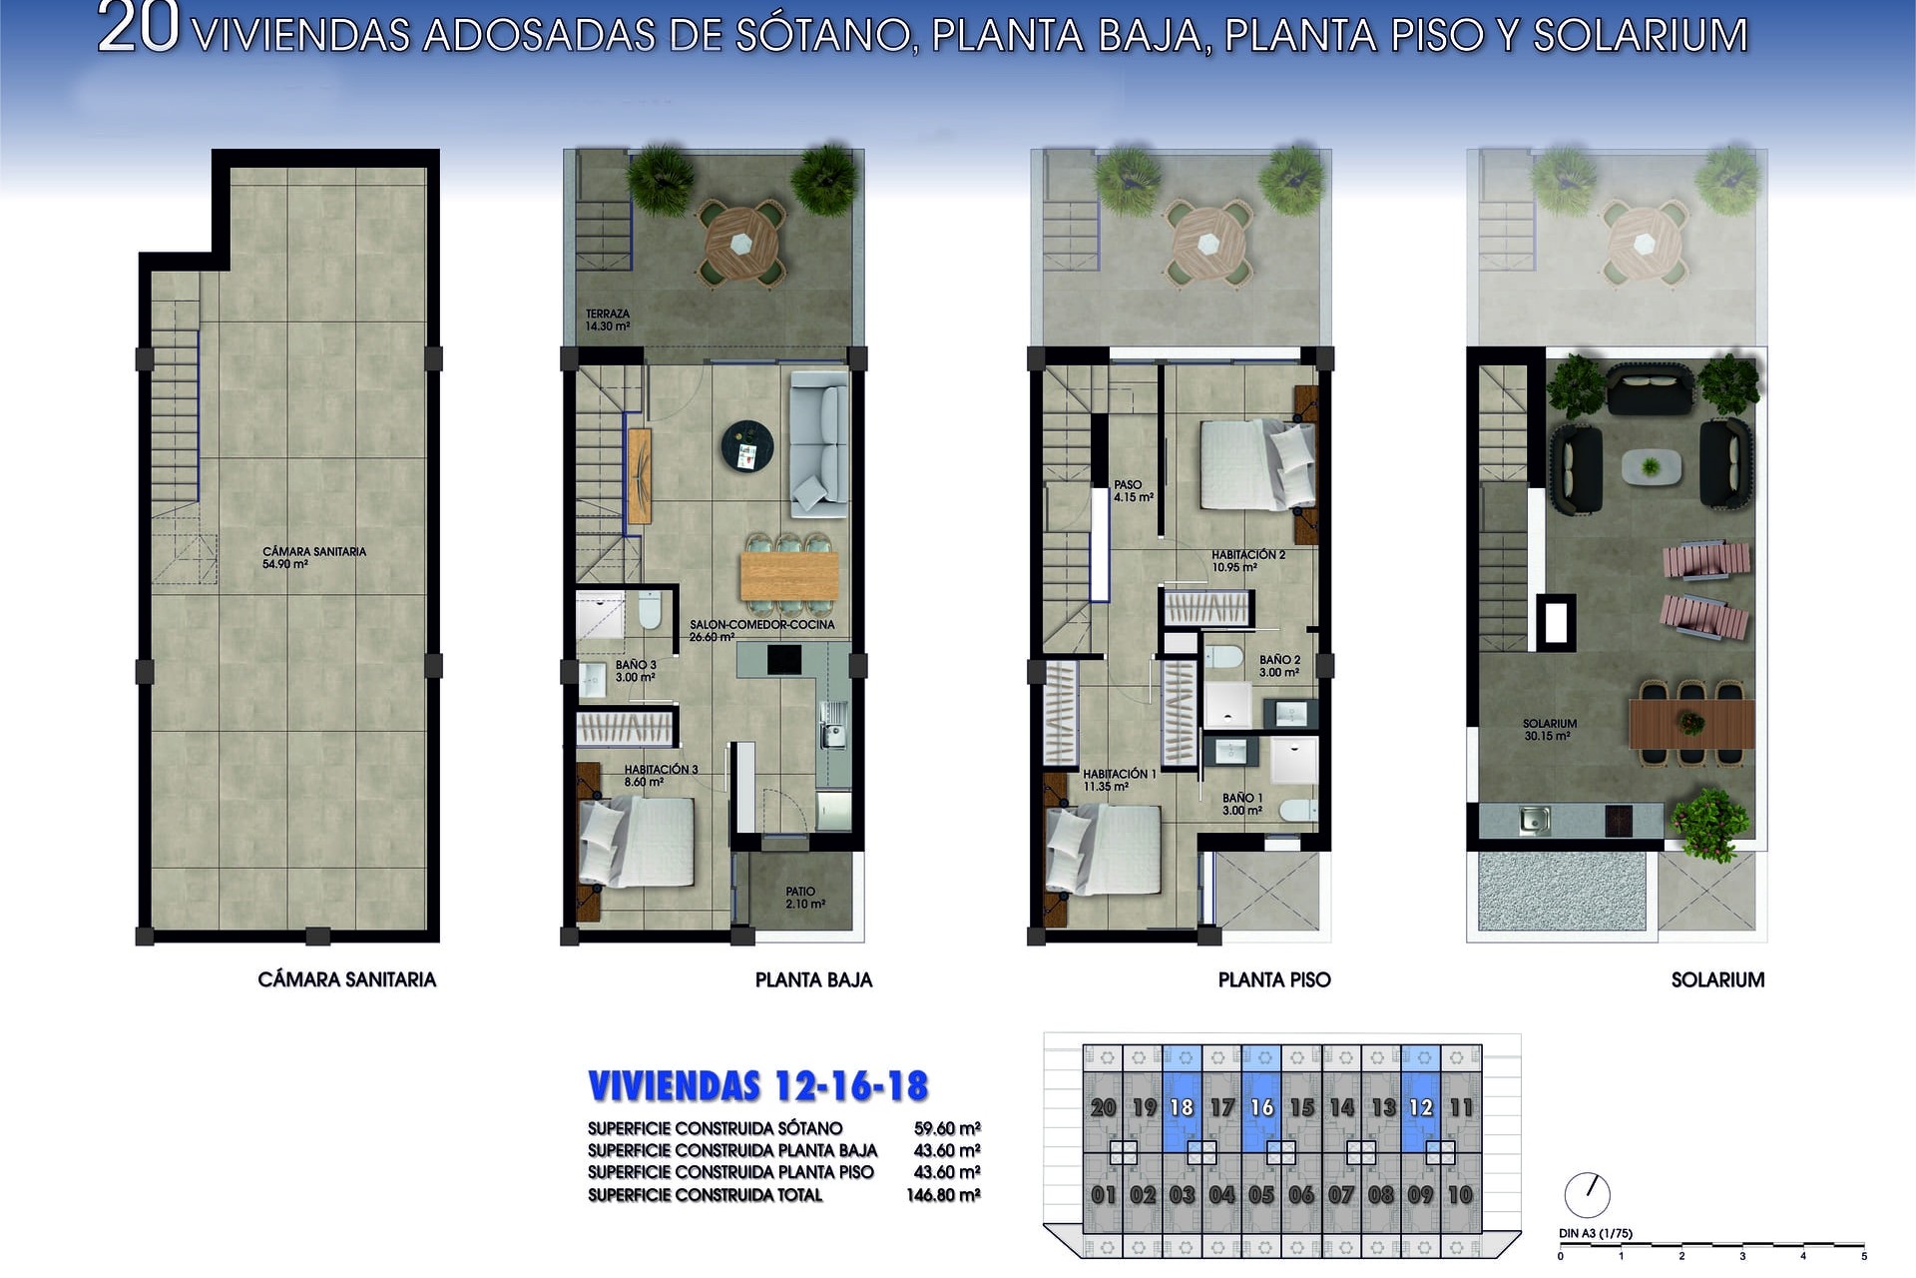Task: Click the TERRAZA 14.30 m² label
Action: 608,319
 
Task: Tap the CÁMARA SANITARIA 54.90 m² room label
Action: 313,557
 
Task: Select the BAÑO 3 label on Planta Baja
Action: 636,671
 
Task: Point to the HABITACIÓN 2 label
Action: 1248,560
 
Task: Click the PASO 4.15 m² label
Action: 1134,490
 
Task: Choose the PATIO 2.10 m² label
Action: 804,898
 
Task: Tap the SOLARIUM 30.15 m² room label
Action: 1549,730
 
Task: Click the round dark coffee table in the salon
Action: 747,446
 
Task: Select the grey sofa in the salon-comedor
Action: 819,444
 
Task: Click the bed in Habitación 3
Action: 636,842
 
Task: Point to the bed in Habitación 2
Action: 1257,464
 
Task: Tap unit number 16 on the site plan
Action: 1261,1107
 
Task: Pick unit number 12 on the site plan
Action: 1420,1107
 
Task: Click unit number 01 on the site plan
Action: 1103,1194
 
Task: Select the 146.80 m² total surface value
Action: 943,1195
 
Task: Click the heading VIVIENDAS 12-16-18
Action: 758,1086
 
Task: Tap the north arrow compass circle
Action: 1587,1194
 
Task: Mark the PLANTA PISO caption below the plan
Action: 1274,979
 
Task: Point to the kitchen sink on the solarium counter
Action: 1534,821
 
